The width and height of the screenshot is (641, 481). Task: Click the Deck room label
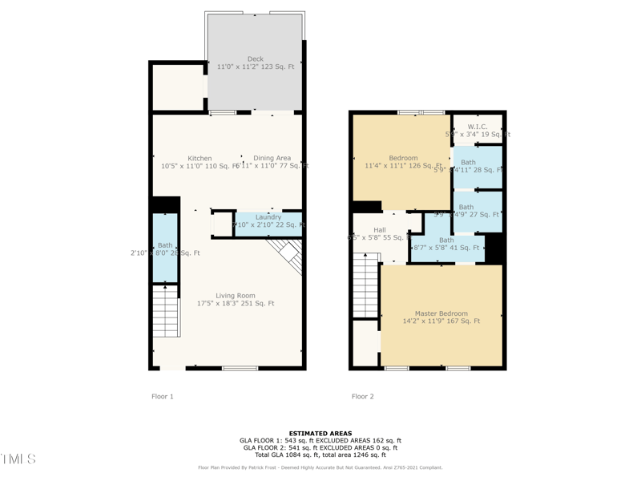pyautogui.click(x=255, y=59)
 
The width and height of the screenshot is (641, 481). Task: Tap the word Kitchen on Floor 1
pyautogui.click(x=200, y=159)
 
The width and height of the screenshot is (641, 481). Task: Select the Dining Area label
pyautogui.click(x=272, y=159)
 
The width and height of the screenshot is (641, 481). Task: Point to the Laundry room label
pyautogui.click(x=268, y=217)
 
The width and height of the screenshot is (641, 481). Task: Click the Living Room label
pyautogui.click(x=236, y=296)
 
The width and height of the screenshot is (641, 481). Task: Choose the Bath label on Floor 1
pyautogui.click(x=165, y=245)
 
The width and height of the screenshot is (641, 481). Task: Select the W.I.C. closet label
pyautogui.click(x=478, y=127)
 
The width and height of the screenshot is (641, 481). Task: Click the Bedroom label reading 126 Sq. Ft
pyautogui.click(x=403, y=159)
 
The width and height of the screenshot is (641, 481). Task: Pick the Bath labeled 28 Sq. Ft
pyautogui.click(x=468, y=163)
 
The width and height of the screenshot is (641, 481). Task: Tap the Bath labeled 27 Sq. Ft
pyautogui.click(x=466, y=208)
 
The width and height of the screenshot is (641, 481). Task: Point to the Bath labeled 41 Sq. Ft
pyautogui.click(x=446, y=240)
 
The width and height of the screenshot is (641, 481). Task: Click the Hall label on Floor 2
pyautogui.click(x=380, y=231)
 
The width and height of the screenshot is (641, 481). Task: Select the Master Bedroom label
pyautogui.click(x=441, y=313)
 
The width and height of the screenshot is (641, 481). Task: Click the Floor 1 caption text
pyautogui.click(x=163, y=397)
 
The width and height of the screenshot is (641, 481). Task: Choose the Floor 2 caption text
pyautogui.click(x=362, y=397)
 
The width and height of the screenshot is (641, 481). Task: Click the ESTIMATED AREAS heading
pyautogui.click(x=320, y=433)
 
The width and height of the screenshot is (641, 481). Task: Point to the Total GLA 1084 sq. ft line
pyautogui.click(x=320, y=455)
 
